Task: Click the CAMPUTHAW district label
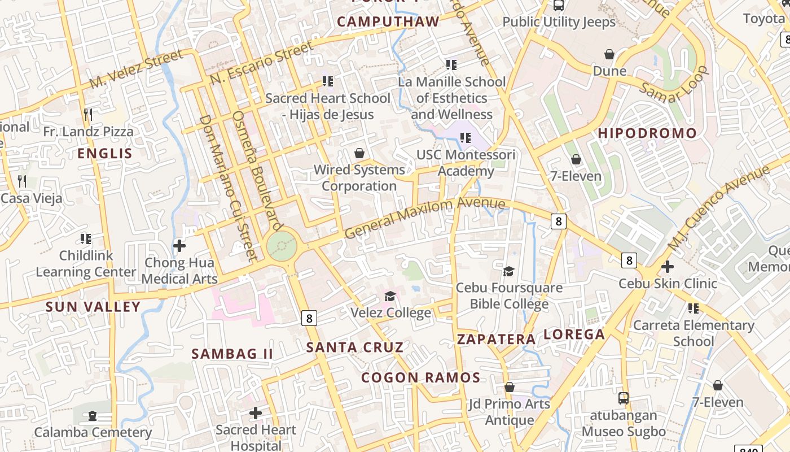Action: coord(388,21)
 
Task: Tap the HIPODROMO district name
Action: coord(647,133)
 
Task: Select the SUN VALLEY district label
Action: coord(93,307)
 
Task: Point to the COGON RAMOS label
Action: coord(420,377)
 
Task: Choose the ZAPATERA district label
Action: coord(496,339)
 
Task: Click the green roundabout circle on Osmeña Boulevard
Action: coord(282,246)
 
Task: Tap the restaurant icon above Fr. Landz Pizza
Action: coord(87,115)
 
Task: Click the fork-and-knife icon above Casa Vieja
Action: coord(22,181)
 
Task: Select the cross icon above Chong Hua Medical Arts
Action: coord(179,246)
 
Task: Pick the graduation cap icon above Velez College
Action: coord(390,296)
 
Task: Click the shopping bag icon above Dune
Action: coord(609,54)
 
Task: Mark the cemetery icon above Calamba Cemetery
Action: coord(93,416)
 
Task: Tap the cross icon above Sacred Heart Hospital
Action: coord(256,413)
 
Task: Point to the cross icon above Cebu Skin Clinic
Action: coord(668,266)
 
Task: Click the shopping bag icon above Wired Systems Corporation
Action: coord(359,153)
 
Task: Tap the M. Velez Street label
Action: coord(136,69)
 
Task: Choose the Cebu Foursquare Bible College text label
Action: coord(509,296)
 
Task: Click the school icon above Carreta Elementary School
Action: coord(694,308)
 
